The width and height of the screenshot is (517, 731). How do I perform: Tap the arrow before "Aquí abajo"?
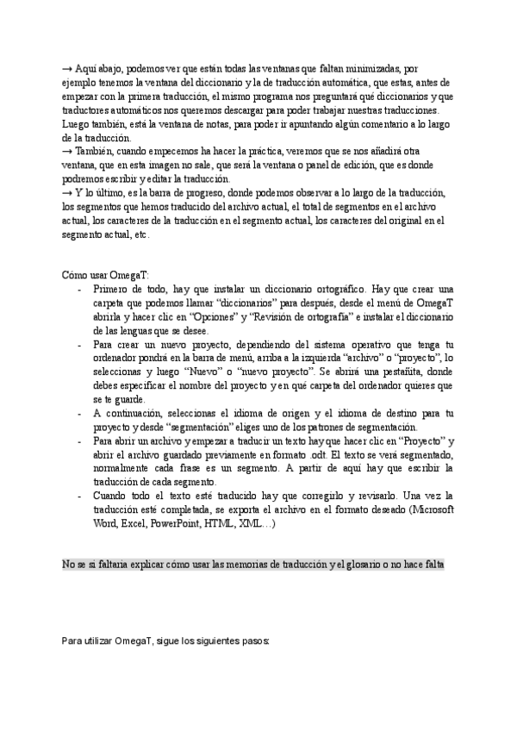pos(67,70)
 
